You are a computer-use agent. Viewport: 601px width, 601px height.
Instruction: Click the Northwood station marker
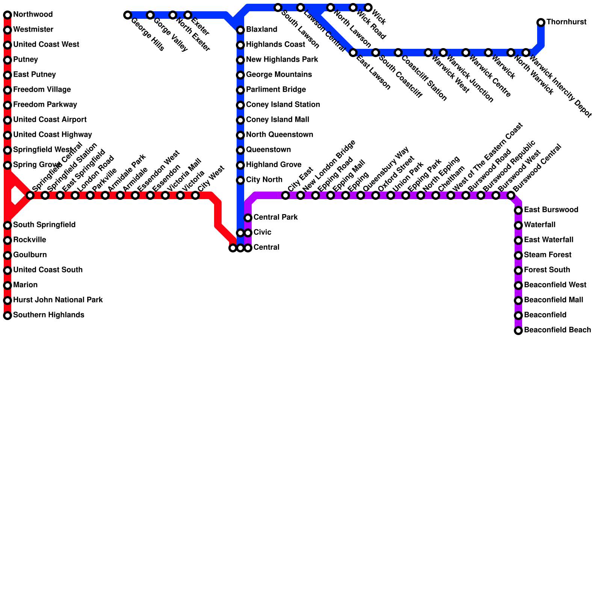pyautogui.click(x=8, y=15)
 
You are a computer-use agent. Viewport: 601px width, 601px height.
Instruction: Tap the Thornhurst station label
pyautogui.click(x=566, y=22)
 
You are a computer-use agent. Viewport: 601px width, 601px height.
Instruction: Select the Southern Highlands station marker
pyautogui.click(x=8, y=316)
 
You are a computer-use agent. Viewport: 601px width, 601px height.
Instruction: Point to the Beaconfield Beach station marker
pyautogui.click(x=518, y=331)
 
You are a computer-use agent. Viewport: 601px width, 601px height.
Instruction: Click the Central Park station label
pyautogui.click(x=275, y=217)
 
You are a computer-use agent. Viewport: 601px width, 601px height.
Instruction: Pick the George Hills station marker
pyautogui.click(x=128, y=15)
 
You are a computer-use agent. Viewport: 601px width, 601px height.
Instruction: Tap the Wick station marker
pyautogui.click(x=368, y=8)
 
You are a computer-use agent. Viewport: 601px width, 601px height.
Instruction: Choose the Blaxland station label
pyautogui.click(x=261, y=30)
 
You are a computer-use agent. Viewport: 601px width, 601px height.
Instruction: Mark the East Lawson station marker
pyautogui.click(x=353, y=53)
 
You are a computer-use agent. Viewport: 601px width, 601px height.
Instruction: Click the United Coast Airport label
pyautogui.click(x=50, y=120)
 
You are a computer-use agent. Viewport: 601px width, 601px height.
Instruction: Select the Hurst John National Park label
pyautogui.click(x=58, y=300)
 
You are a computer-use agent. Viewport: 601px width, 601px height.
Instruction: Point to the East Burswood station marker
pyautogui.click(x=518, y=210)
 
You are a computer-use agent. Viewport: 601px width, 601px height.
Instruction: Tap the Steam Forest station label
pyautogui.click(x=547, y=255)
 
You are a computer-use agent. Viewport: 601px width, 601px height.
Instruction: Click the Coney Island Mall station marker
pyautogui.click(x=240, y=120)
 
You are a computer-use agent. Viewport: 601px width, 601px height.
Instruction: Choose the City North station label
pyautogui.click(x=264, y=180)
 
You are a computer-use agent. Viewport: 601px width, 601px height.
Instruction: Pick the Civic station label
pyautogui.click(x=262, y=233)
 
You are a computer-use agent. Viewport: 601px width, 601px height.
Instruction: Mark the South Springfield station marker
pyautogui.click(x=8, y=225)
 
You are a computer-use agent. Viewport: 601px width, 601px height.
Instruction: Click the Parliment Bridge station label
pyautogui.click(x=276, y=90)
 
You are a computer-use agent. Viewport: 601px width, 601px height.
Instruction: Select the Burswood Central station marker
pyautogui.click(x=511, y=195)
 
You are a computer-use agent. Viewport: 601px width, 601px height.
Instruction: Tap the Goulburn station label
pyautogui.click(x=30, y=255)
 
